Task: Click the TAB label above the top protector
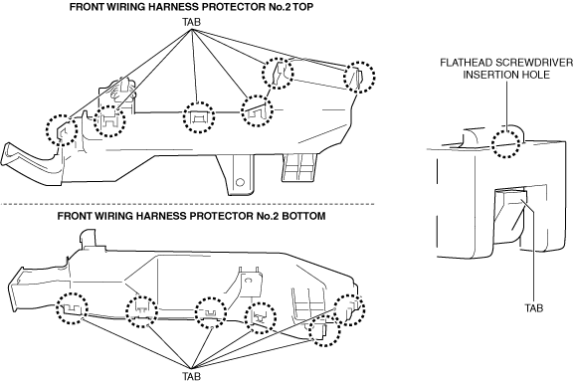(192, 22)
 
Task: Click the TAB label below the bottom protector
(192, 376)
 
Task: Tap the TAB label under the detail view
(534, 308)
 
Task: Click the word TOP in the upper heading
(303, 7)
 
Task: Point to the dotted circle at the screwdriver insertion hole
(505, 143)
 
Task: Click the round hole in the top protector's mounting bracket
(240, 182)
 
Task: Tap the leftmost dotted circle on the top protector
(62, 129)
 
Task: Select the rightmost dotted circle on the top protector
(359, 78)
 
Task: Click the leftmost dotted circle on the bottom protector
(72, 308)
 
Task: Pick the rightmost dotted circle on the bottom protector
(350, 310)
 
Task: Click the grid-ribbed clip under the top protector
(298, 168)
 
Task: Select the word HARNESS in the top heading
(162, 7)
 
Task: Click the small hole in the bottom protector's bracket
(249, 280)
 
